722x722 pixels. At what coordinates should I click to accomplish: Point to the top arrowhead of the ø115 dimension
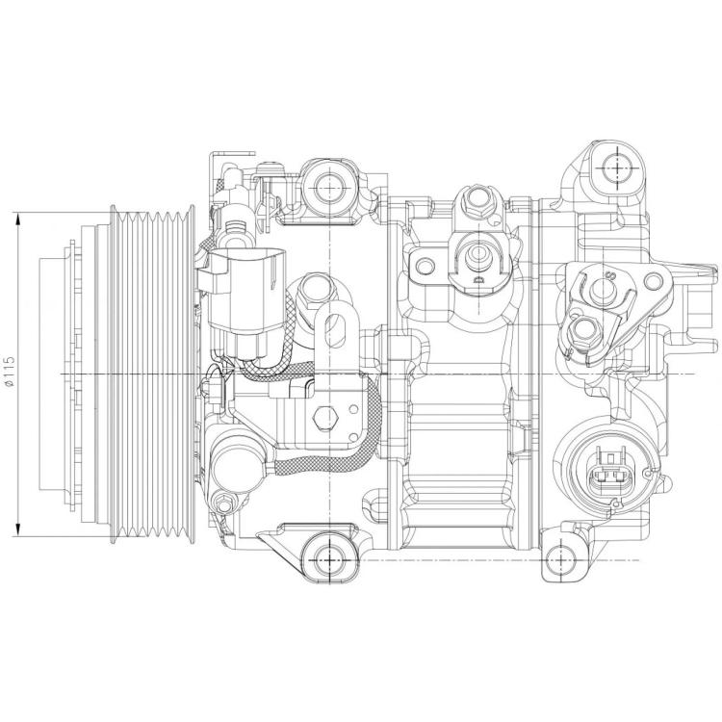click(18, 219)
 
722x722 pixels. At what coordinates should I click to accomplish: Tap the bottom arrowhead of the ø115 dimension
click(18, 529)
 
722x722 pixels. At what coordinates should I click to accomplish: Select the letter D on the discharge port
click(478, 279)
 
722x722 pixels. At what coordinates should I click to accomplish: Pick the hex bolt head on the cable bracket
click(325, 419)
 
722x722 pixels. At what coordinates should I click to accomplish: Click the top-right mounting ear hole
click(617, 168)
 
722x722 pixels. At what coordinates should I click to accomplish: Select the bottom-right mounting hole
click(560, 560)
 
